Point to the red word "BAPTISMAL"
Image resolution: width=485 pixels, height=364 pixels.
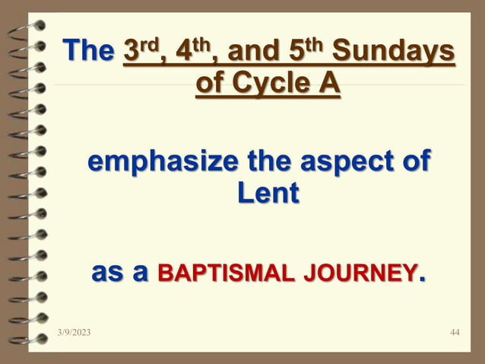(208, 272)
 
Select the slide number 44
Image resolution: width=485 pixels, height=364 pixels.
(455, 333)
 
